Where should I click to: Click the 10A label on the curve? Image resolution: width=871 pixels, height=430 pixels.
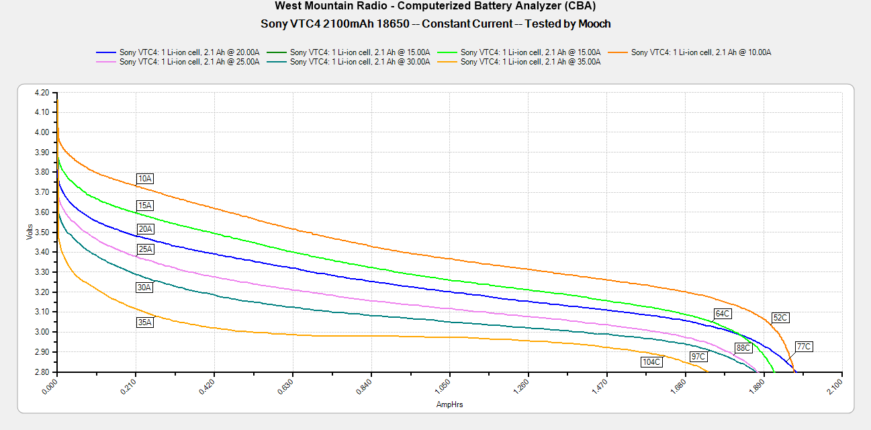(x=145, y=179)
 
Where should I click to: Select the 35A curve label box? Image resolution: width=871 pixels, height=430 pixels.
(x=145, y=322)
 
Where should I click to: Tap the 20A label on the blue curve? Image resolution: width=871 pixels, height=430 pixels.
(x=145, y=229)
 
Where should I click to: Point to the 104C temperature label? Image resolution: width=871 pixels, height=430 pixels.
(x=651, y=362)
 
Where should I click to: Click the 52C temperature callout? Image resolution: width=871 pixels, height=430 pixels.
(x=780, y=318)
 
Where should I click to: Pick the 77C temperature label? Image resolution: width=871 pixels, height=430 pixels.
(x=803, y=347)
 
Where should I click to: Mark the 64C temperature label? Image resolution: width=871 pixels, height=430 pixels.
(x=723, y=314)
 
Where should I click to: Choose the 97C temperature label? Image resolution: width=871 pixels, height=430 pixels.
(x=698, y=356)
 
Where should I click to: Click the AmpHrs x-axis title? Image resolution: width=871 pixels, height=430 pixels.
(x=449, y=404)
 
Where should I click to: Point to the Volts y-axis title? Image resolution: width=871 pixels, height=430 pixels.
(x=30, y=232)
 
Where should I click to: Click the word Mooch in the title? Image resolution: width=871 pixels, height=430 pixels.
(x=594, y=24)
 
